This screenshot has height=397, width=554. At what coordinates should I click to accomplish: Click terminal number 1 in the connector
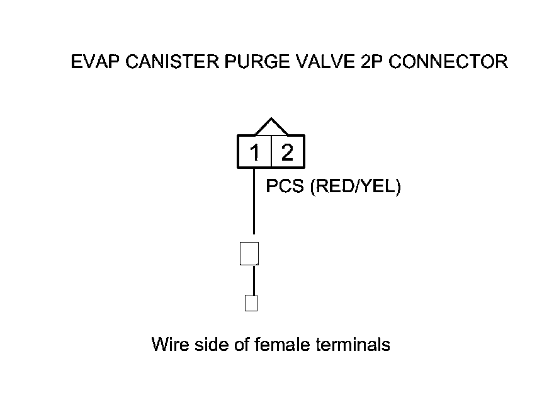pos(254,152)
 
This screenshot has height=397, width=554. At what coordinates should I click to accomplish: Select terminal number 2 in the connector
pos(287,152)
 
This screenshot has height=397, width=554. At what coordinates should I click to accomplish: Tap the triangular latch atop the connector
pos(271,127)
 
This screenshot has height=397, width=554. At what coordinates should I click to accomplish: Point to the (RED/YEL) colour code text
pos(356,187)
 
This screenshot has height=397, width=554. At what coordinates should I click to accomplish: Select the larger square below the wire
pos(250,253)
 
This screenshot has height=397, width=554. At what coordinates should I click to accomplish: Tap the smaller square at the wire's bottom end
pos(251,303)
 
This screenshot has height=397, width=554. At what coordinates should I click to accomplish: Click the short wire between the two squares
pos(254,280)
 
